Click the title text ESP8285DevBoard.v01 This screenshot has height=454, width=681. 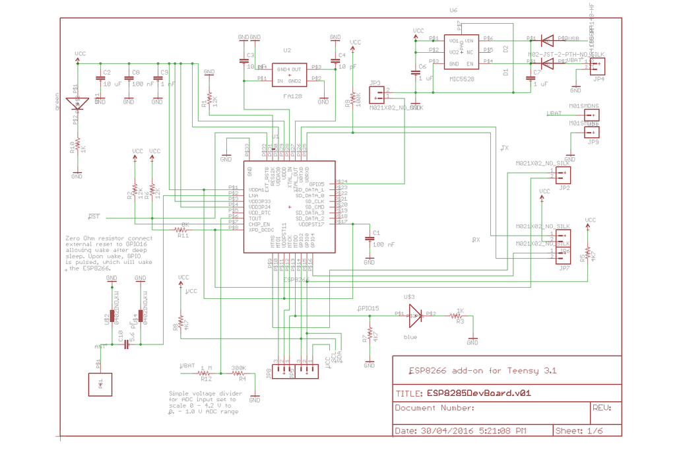pyautogui.click(x=478, y=393)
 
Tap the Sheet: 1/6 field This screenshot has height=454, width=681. pyautogui.click(x=579, y=432)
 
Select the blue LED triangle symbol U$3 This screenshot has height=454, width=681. pyautogui.click(x=415, y=315)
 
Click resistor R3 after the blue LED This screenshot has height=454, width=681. pyautogui.click(x=457, y=316)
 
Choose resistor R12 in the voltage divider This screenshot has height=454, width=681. pyautogui.click(x=205, y=373)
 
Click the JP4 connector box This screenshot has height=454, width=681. pyautogui.click(x=597, y=66)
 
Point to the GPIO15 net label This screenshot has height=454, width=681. pyautogui.click(x=368, y=308)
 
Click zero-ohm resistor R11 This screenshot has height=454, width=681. pyautogui.click(x=183, y=230)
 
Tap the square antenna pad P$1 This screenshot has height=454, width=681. pyautogui.click(x=101, y=385)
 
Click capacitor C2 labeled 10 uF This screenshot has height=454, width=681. pyautogui.click(x=100, y=79)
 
